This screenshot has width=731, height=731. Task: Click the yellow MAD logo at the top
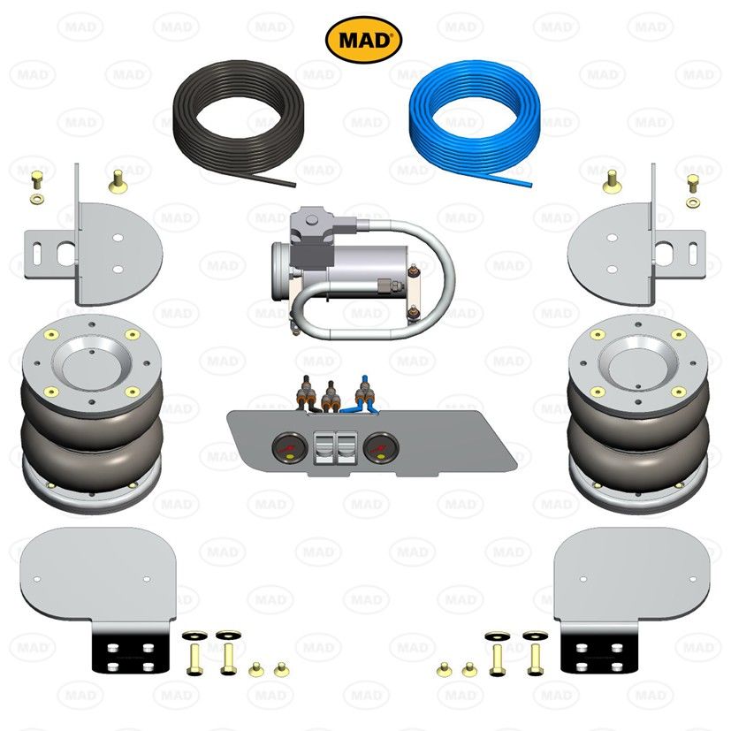click(x=364, y=39)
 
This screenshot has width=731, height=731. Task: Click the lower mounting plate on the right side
click(x=632, y=575)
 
